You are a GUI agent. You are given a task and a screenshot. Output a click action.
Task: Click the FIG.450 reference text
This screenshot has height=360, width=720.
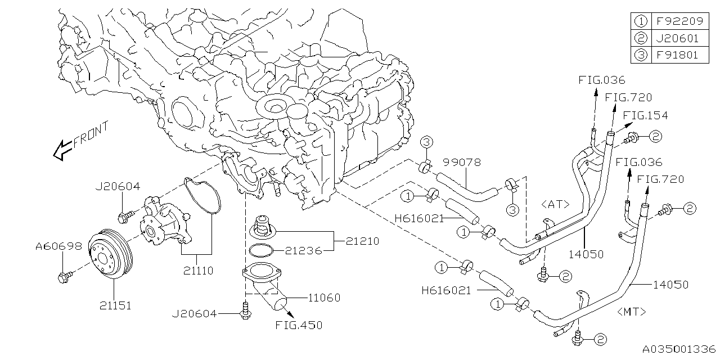(299, 325)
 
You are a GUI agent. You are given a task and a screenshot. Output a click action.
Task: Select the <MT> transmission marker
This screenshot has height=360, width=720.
(634, 311)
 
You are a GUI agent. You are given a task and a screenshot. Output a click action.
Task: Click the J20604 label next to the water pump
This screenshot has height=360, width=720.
(118, 187)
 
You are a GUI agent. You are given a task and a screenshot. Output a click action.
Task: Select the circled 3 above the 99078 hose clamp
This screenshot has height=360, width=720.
(426, 142)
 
